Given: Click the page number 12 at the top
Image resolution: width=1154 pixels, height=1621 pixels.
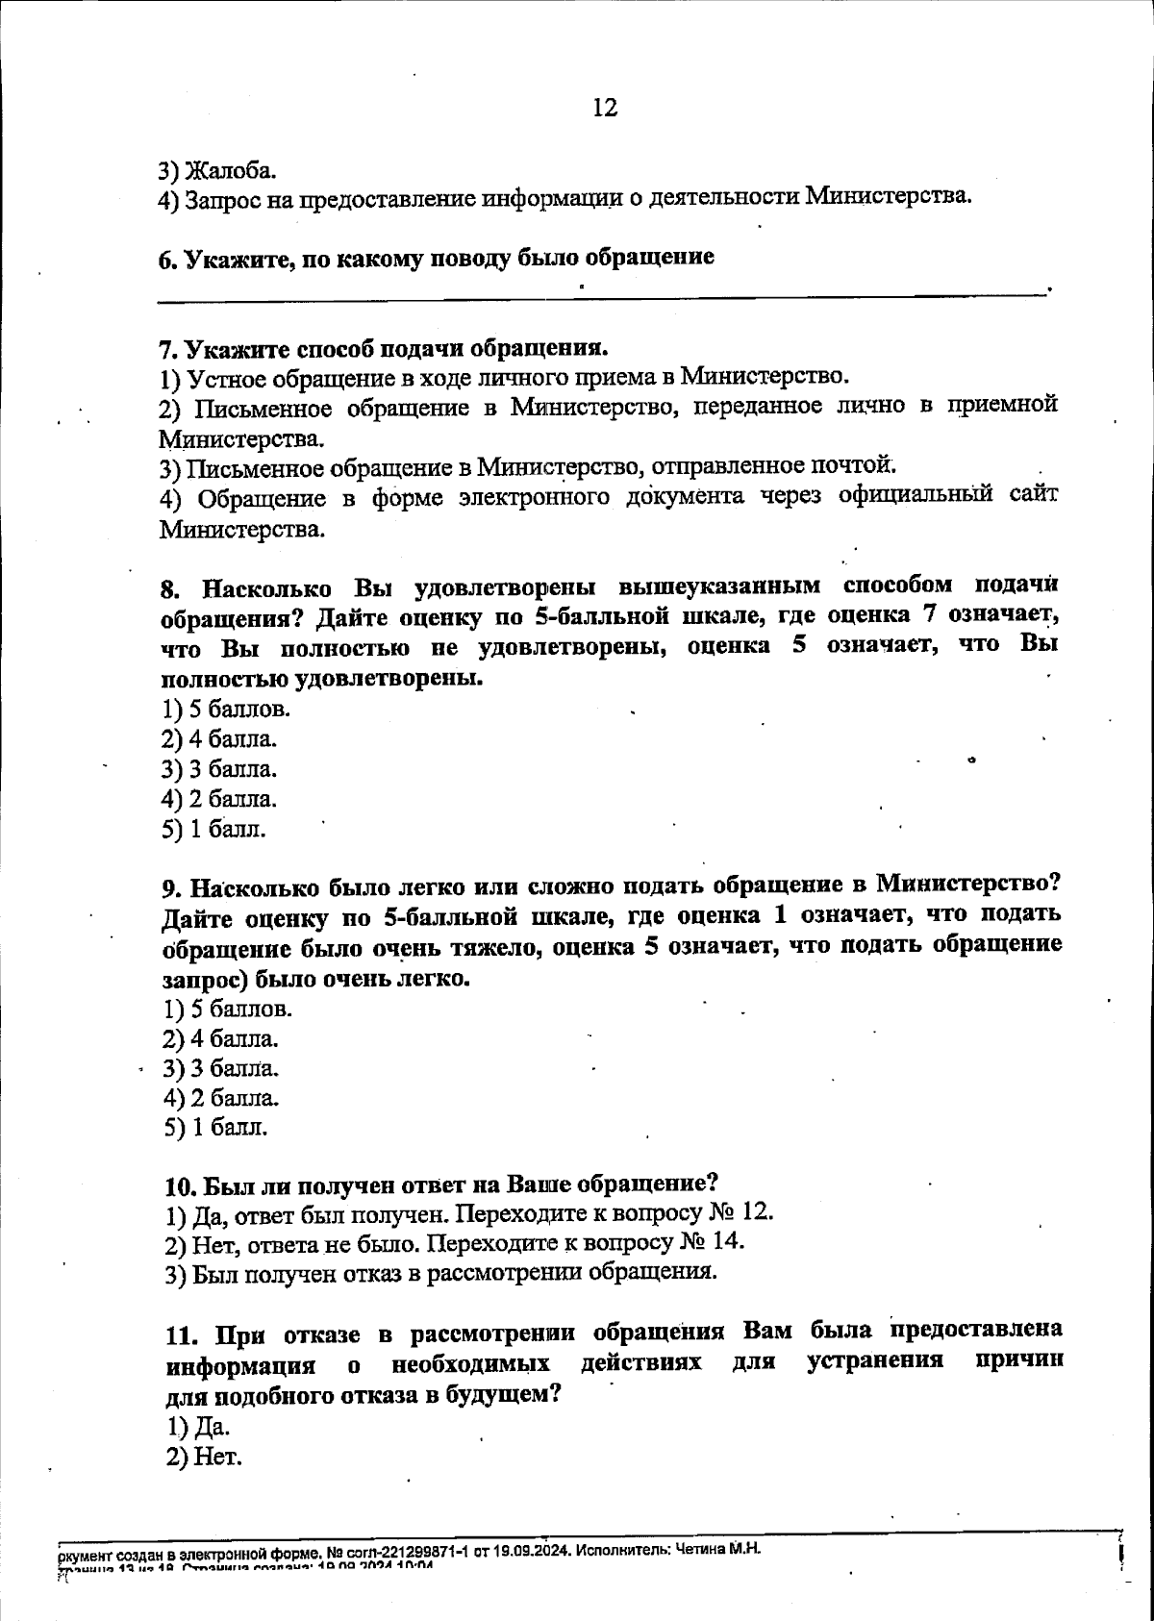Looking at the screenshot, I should pyautogui.click(x=605, y=108).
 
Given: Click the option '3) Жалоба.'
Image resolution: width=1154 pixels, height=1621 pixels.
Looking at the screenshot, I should pyautogui.click(x=218, y=170).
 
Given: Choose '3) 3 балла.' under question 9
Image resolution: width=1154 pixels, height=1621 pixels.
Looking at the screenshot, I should pyautogui.click(x=221, y=1068).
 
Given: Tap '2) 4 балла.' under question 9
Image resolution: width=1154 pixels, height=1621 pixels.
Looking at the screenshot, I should pyautogui.click(x=221, y=1038).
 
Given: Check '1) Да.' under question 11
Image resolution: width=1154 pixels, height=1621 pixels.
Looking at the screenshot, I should pyautogui.click(x=198, y=1426).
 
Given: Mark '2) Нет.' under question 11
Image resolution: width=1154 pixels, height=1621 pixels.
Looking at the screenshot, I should pyautogui.click(x=203, y=1457).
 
